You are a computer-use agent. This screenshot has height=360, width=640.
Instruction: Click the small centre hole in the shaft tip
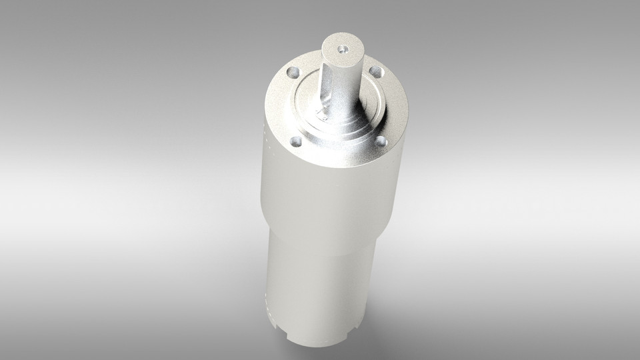tap(343, 49)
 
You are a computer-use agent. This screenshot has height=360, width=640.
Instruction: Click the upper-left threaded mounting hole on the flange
tap(291, 71)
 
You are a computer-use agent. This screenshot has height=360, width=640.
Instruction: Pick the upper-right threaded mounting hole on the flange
tap(375, 70)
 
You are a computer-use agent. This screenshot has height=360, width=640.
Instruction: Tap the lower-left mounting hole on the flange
tap(295, 141)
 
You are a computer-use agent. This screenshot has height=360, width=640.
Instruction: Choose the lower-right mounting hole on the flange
tap(381, 141)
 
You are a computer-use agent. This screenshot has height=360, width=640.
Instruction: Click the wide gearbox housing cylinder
tap(330, 193)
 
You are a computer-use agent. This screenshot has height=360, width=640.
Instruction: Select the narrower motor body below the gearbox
tap(320, 280)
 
